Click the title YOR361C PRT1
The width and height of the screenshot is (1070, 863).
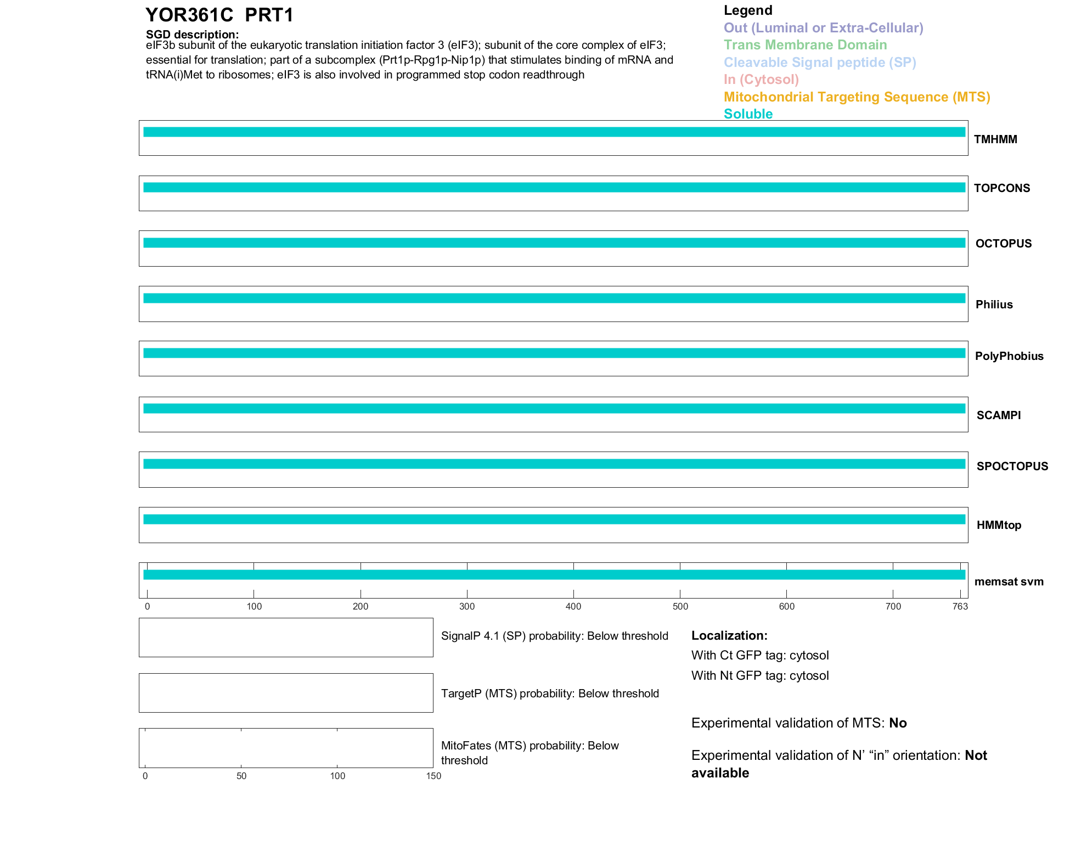point(219,15)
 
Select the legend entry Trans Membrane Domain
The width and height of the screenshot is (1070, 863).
point(805,45)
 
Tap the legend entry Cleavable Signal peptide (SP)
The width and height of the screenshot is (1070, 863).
point(820,63)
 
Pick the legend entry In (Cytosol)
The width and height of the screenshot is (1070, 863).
point(761,80)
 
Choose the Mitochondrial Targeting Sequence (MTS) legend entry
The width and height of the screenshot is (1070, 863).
point(857,97)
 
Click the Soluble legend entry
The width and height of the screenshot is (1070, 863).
point(748,114)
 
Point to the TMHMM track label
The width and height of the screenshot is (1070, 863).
point(995,139)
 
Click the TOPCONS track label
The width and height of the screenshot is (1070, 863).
point(1002,188)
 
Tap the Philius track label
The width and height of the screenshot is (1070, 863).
point(994,304)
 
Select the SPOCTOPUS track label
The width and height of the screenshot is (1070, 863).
point(1012,466)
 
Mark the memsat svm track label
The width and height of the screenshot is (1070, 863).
point(1009,582)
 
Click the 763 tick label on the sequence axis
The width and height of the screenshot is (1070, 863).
point(960,606)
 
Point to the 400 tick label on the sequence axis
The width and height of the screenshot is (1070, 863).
point(573,606)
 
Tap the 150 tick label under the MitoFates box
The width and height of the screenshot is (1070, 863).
point(433,776)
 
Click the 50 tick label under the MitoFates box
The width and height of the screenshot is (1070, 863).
point(241,776)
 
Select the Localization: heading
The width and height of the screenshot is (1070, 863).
point(729,635)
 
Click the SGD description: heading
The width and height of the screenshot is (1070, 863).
point(192,35)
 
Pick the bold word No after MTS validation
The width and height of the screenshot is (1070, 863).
point(898,723)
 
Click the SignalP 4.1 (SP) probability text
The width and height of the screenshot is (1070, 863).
point(554,636)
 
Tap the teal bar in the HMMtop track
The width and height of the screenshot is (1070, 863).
point(554,519)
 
